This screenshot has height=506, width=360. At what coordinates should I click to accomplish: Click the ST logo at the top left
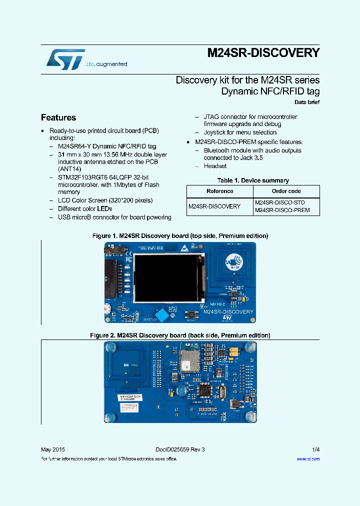tap(65, 59)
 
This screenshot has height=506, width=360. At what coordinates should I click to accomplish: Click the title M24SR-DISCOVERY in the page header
tap(263, 53)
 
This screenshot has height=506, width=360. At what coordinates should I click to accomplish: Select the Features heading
tap(58, 117)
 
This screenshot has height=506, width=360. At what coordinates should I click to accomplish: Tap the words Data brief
tap(306, 102)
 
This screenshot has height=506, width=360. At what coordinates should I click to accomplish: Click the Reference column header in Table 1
tap(219, 191)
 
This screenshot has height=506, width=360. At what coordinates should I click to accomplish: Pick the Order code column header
tap(286, 191)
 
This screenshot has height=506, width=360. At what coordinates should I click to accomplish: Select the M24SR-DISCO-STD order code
tap(279, 202)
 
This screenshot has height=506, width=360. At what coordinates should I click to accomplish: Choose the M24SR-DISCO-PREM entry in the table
tap(282, 210)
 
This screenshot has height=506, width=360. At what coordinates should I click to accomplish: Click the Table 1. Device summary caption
tap(253, 180)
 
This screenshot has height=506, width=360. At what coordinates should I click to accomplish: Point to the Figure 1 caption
tap(180, 235)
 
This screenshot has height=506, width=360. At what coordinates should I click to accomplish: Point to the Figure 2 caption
tap(180, 335)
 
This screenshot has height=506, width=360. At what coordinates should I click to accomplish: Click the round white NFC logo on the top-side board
tap(234, 261)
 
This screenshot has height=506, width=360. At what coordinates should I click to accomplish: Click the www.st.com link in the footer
tap(308, 458)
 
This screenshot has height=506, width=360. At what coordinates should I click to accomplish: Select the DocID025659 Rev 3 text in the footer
tap(176, 449)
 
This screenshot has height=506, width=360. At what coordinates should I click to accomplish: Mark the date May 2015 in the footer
tap(52, 449)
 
